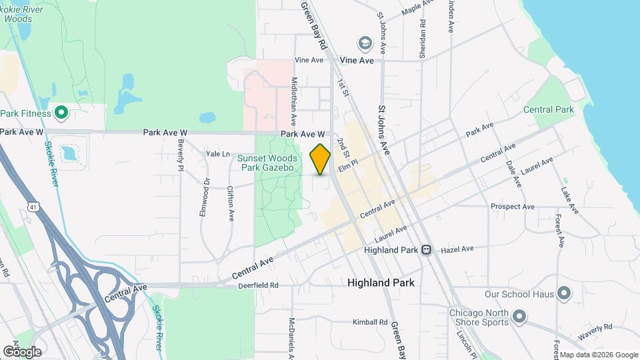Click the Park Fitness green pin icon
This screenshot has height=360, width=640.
(61, 113)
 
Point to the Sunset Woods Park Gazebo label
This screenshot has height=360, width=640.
(265, 163)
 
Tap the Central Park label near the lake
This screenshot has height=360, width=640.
(549, 109)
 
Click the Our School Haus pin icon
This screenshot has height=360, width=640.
(563, 293)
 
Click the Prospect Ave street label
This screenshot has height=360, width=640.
(512, 207)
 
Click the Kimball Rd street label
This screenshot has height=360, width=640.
(370, 322)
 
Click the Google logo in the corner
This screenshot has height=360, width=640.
(22, 351)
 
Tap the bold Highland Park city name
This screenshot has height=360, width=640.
(381, 283)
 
